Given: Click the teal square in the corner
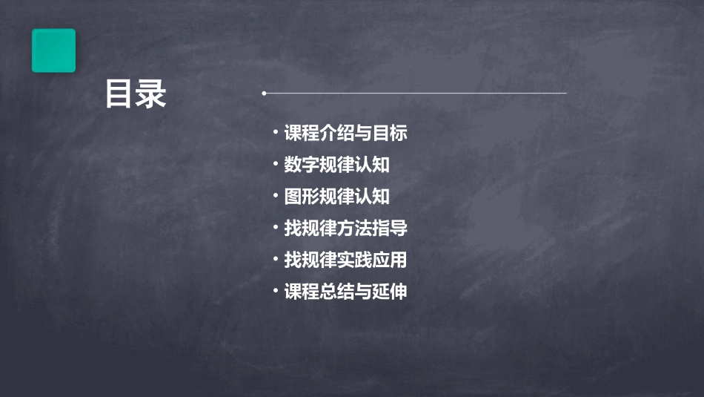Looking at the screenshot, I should pyautogui.click(x=53, y=50).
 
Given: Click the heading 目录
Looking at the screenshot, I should pyautogui.click(x=135, y=94).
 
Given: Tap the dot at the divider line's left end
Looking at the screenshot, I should pyautogui.click(x=264, y=93).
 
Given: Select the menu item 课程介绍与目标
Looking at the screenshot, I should pyautogui.click(x=345, y=134).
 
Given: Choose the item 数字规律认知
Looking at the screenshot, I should pyautogui.click(x=336, y=165).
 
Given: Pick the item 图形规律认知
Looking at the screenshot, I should pyautogui.click(x=336, y=197).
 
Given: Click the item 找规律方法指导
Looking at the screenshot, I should pyautogui.click(x=345, y=229).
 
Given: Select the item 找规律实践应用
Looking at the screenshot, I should pyautogui.click(x=345, y=260).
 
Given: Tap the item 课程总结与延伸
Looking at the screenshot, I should pyautogui.click(x=345, y=292).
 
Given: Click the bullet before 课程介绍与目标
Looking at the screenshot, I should pyautogui.click(x=276, y=133).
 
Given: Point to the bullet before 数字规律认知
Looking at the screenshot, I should pyautogui.click(x=276, y=164).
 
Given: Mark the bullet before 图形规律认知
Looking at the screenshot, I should pyautogui.click(x=276, y=196).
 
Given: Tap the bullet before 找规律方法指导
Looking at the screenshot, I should pyautogui.click(x=276, y=228).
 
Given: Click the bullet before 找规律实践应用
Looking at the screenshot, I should pyautogui.click(x=276, y=260).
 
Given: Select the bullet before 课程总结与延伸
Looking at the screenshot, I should pyautogui.click(x=276, y=291).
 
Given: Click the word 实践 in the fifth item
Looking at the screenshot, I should pyautogui.click(x=360, y=260).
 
